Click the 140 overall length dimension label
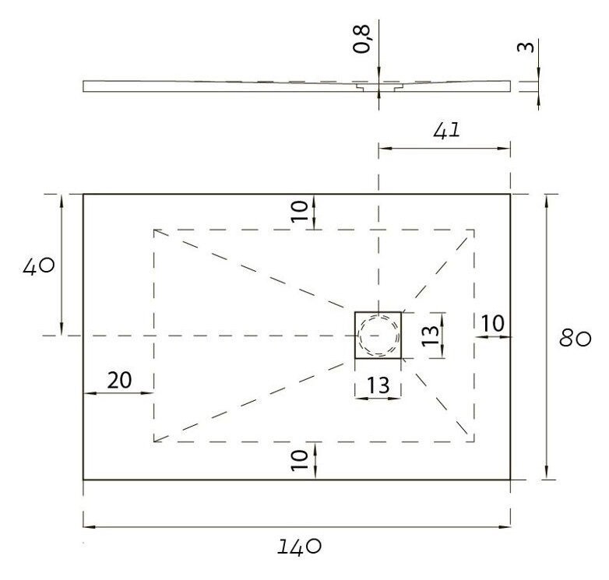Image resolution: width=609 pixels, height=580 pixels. point(299,547)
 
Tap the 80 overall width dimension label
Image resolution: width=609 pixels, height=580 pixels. point(576,339)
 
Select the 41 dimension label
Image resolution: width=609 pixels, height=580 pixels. point(446,130)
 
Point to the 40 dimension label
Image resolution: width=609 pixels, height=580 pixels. point(38,266)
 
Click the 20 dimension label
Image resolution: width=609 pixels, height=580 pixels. point(119,380)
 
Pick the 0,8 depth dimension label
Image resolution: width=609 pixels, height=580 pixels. point(361,38)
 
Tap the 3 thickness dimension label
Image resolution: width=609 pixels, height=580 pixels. point(526,47)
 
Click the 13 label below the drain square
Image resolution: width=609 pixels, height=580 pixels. point(378,385)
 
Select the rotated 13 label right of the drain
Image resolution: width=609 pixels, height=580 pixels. point(431,336)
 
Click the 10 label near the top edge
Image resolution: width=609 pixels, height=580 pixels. point(300,211)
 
